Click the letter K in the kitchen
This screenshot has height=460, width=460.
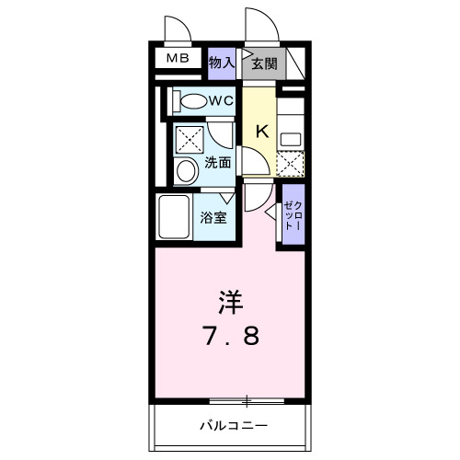tap(261, 132)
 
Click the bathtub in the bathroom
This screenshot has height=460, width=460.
tap(174, 217)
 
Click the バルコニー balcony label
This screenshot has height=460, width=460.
tap(234, 426)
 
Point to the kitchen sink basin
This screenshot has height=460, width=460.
tap(291, 139)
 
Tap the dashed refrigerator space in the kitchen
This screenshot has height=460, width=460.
tap(290, 163)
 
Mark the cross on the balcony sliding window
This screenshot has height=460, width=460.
tap(247, 400)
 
